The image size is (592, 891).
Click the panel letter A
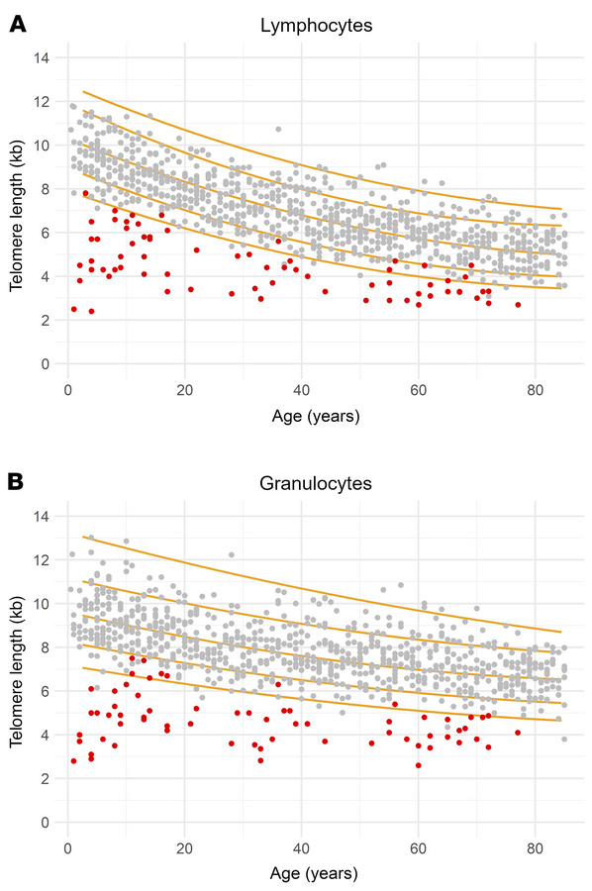point(17,26)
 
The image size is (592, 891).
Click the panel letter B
point(17,483)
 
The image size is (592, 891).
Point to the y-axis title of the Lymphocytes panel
point(17,212)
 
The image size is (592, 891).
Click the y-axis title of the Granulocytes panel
point(17,670)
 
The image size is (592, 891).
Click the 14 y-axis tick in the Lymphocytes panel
point(42,57)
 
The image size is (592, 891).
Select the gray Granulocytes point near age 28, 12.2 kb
point(232,554)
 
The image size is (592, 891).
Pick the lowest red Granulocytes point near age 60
point(418,765)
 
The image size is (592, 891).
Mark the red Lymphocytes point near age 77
point(518,305)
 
